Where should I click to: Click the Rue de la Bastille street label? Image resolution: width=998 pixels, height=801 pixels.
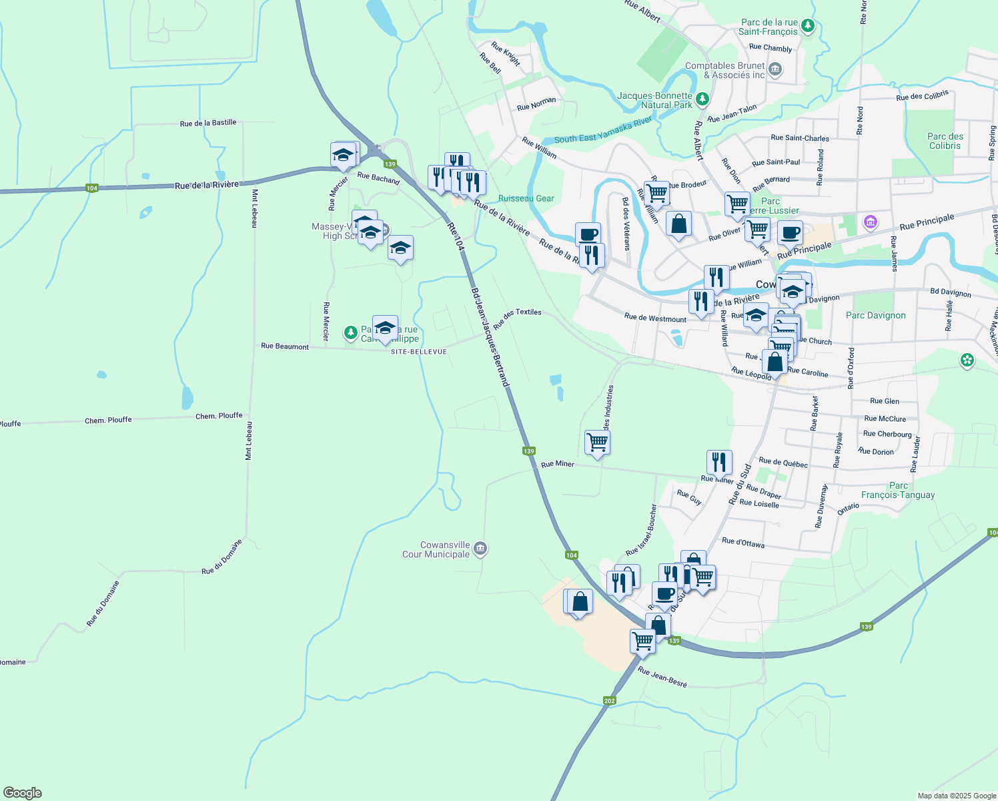[208, 123]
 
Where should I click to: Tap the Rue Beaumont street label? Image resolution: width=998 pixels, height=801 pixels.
[285, 346]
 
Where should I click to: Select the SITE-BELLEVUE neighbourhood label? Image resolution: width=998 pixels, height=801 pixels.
[419, 352]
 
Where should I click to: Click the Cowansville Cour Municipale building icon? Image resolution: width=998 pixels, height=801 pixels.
[480, 549]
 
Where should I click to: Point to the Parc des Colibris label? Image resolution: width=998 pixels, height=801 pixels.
[945, 141]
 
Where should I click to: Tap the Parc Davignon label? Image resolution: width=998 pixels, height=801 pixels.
[875, 316]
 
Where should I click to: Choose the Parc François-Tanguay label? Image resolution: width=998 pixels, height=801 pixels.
[898, 491]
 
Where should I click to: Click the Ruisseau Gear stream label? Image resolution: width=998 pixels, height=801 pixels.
[526, 198]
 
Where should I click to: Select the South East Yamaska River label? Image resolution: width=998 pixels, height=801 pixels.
[603, 130]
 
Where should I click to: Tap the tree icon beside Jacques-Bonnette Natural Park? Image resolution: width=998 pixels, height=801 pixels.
[702, 99]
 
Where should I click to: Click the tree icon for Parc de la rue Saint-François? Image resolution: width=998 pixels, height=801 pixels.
[808, 26]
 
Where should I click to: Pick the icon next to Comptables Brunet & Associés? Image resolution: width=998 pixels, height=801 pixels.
[775, 69]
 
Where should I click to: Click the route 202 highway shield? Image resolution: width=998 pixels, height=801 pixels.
[609, 701]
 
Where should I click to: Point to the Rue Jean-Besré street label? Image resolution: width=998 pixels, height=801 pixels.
[662, 676]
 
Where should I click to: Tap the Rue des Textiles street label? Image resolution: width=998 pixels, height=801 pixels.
[518, 320]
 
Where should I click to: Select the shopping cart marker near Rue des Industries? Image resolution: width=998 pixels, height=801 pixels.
[597, 442]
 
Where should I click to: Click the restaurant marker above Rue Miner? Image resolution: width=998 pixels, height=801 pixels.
[719, 461]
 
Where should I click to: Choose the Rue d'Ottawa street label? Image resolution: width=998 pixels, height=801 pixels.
[743, 543]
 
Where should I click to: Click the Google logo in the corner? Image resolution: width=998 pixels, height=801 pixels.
[22, 793]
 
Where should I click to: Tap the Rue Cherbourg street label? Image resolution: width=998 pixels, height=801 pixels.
[887, 434]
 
